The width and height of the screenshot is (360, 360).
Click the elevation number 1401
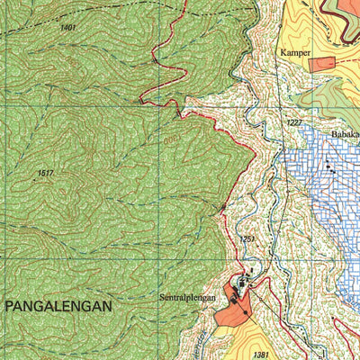tap(68, 28)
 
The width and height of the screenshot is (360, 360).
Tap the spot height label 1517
tap(47, 173)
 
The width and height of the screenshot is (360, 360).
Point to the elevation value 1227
tap(294, 122)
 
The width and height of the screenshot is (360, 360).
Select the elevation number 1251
tap(247, 238)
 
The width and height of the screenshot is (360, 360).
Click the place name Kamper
tap(294, 53)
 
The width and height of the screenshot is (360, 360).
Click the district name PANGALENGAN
tap(59, 306)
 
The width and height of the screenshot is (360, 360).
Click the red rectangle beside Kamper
tap(322, 64)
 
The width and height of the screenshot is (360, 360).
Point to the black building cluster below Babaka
tap(331, 168)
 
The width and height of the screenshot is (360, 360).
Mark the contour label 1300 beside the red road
tap(171, 139)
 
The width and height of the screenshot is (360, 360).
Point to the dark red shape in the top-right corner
tap(342, 11)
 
